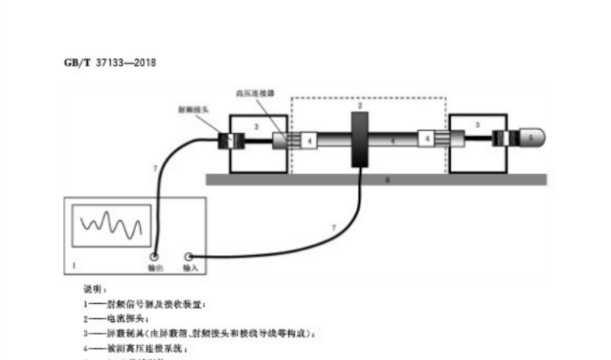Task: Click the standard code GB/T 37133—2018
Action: tap(110, 63)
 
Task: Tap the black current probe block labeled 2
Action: tap(360, 139)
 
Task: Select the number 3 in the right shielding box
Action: tap(477, 124)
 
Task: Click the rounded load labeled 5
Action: tap(532, 138)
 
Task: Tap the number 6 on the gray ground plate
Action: tap(386, 179)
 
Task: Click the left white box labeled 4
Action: tap(309, 141)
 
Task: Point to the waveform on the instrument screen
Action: tap(113, 225)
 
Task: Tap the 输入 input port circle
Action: tap(188, 256)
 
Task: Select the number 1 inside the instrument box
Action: tap(73, 265)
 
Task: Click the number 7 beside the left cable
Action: tap(155, 168)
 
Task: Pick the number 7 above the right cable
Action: tap(333, 227)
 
